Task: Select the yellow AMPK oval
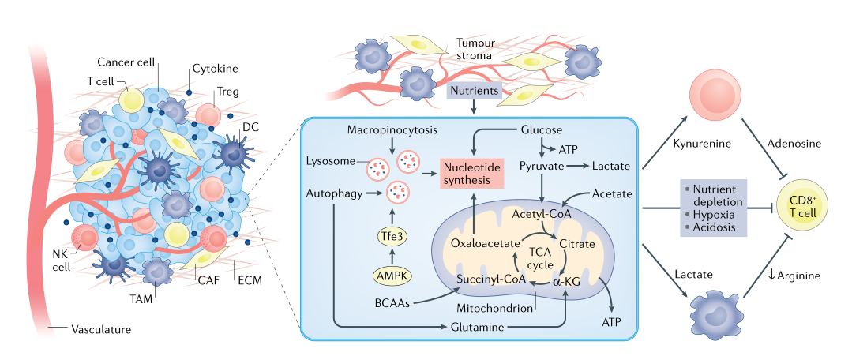click(x=392, y=276)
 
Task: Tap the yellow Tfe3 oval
click(x=392, y=234)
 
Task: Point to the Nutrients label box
click(x=474, y=91)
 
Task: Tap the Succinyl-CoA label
click(x=491, y=279)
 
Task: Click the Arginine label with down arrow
click(x=794, y=276)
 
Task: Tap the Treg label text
click(x=228, y=92)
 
